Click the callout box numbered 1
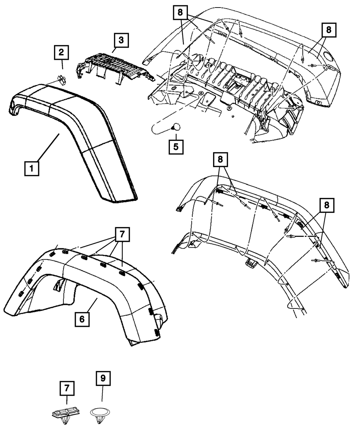(x=32, y=168)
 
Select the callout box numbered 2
(x=62, y=53)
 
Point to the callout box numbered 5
(x=176, y=147)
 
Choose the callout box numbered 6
(x=82, y=319)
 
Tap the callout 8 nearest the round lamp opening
(x=328, y=30)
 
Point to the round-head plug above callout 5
(x=176, y=127)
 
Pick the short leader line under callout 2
(x=62, y=65)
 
